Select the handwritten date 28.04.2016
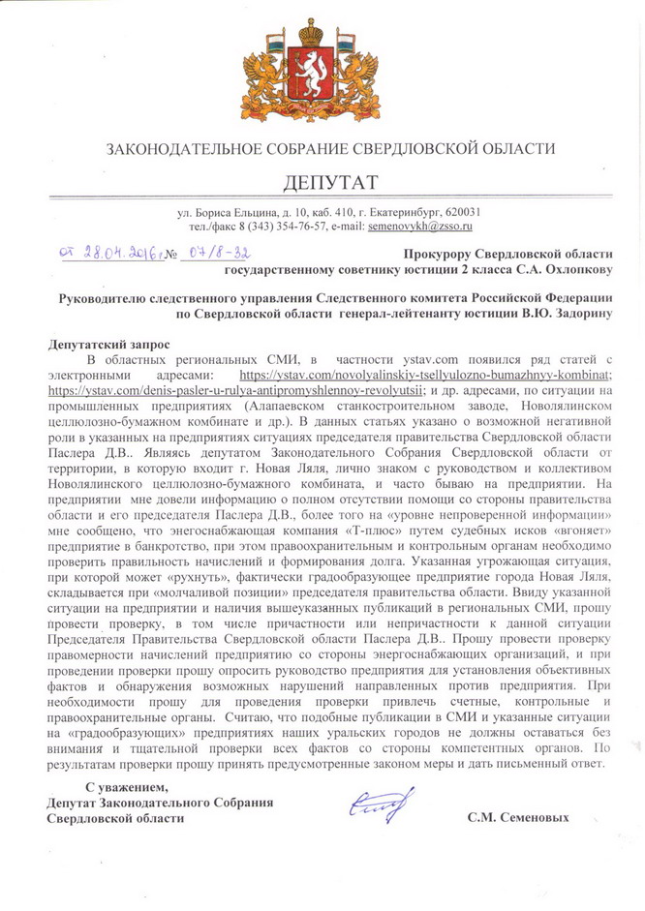pos(106,251)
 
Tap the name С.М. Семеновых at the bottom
pos(517,817)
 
